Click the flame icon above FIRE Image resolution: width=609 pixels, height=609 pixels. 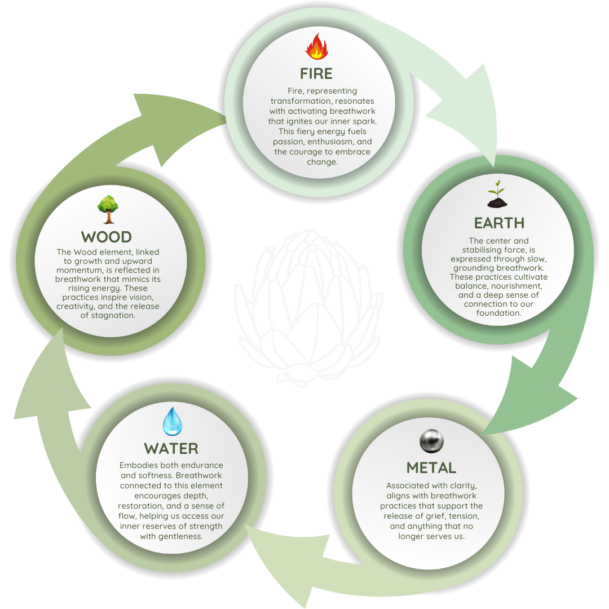click(x=316, y=46)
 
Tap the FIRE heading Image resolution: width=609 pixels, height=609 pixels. click(x=316, y=74)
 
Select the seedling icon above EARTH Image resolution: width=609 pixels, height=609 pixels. click(x=497, y=194)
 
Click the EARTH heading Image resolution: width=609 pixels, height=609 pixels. click(x=499, y=223)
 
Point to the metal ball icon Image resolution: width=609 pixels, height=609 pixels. click(x=432, y=441)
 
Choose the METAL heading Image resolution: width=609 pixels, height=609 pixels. click(x=431, y=468)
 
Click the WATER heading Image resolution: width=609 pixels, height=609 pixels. click(x=171, y=449)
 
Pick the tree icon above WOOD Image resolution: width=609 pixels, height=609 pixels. click(x=107, y=209)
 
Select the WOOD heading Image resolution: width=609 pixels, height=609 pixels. click(x=107, y=237)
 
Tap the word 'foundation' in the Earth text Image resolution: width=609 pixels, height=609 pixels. click(x=498, y=313)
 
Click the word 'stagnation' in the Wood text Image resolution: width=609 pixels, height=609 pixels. click(x=116, y=315)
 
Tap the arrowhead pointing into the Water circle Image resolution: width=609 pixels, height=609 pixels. click(x=265, y=547)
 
